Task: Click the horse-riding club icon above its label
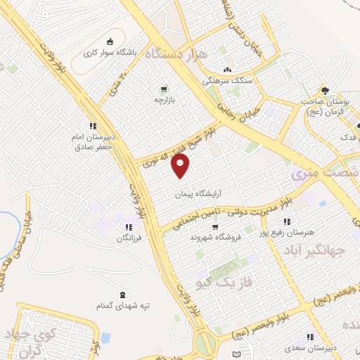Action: pyautogui.click(x=109, y=41)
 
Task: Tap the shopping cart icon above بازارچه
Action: pyautogui.click(x=164, y=89)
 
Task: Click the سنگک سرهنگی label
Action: pyautogui.click(x=226, y=81)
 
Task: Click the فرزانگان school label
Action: pyautogui.click(x=129, y=239)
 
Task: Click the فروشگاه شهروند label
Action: pyautogui.click(x=214, y=237)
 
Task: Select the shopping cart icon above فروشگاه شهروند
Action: pyautogui.click(x=214, y=226)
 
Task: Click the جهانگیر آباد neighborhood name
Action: pyautogui.click(x=316, y=250)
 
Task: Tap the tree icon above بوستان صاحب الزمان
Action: pyautogui.click(x=324, y=90)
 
